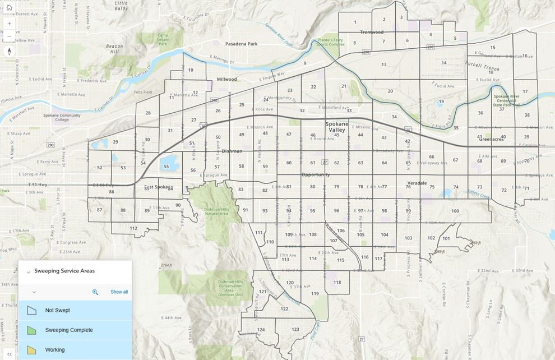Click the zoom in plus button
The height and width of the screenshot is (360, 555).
(x=9, y=24)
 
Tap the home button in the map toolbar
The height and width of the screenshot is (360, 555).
(x=9, y=8)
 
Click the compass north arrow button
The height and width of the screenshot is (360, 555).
(x=9, y=52)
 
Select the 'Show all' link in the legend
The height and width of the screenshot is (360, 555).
(x=119, y=292)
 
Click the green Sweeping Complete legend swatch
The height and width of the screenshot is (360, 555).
(x=32, y=330)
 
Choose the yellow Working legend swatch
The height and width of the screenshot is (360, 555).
(x=32, y=350)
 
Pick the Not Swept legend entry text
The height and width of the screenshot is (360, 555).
(x=58, y=310)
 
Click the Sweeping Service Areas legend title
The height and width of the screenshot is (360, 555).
(x=64, y=271)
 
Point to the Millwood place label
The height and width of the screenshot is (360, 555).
(x=226, y=80)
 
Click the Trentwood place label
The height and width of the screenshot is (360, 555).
(x=372, y=33)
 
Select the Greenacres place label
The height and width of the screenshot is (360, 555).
(x=491, y=140)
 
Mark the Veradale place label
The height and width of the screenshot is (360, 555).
(x=417, y=183)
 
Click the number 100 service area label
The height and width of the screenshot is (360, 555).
(x=455, y=211)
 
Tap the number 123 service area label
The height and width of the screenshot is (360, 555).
(x=295, y=330)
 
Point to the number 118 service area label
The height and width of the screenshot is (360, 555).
(x=337, y=283)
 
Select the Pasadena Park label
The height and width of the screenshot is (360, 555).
(x=241, y=44)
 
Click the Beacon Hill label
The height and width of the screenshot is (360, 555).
(x=114, y=49)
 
